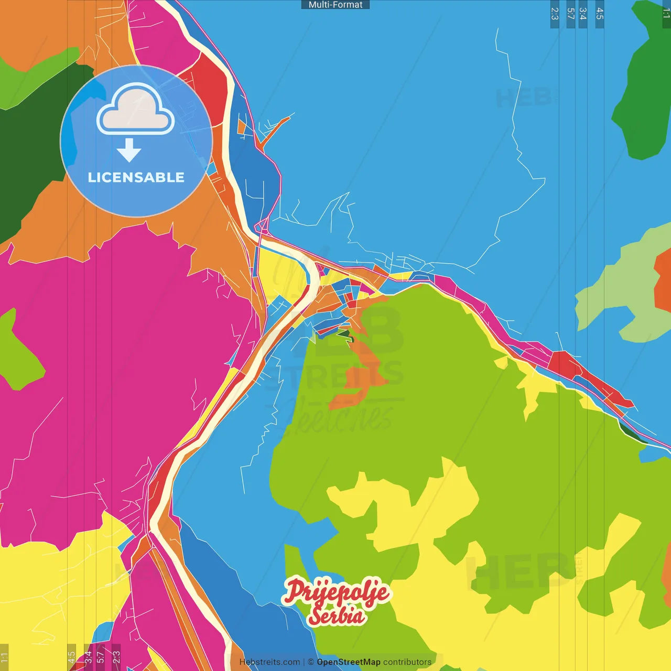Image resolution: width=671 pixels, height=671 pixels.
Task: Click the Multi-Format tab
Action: point(335,5)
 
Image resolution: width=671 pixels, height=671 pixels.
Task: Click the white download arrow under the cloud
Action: point(129,150)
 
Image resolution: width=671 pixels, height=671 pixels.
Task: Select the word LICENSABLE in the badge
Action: point(136,177)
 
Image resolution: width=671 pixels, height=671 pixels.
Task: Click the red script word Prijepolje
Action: point(337,591)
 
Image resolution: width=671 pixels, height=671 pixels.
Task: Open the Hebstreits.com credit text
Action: point(269,662)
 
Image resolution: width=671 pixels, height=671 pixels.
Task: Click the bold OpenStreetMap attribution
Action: point(349,662)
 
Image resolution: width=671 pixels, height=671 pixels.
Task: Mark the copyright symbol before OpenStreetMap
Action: point(311,662)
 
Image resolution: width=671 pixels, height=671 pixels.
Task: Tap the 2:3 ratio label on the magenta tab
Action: point(116,656)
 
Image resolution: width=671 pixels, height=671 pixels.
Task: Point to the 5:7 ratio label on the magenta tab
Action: point(100,656)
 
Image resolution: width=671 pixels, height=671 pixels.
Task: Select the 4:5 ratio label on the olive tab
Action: point(71,656)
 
